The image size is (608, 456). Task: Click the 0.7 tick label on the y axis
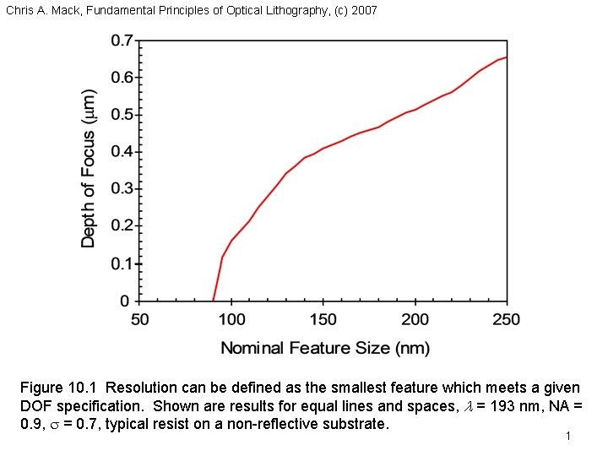pyautogui.click(x=122, y=41)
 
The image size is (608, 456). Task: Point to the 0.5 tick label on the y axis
pyautogui.click(x=122, y=115)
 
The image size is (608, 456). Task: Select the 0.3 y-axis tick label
pyautogui.click(x=122, y=189)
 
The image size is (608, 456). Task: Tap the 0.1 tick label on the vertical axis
pyautogui.click(x=122, y=263)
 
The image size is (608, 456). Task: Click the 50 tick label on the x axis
pyautogui.click(x=140, y=319)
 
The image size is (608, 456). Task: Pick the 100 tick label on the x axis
pyautogui.click(x=231, y=319)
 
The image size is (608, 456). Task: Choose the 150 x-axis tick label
pyautogui.click(x=323, y=319)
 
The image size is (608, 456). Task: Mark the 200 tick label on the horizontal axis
pyautogui.click(x=415, y=319)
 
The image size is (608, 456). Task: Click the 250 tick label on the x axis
pyautogui.click(x=506, y=319)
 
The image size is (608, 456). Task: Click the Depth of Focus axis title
pyautogui.click(x=90, y=169)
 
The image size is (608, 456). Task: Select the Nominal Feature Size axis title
pyautogui.click(x=325, y=348)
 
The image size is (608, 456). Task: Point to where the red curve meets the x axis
pyautogui.click(x=214, y=301)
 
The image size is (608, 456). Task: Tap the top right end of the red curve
pyautogui.click(x=506, y=57)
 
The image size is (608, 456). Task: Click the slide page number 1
pyautogui.click(x=569, y=437)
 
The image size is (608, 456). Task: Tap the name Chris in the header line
pyautogui.click(x=19, y=11)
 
